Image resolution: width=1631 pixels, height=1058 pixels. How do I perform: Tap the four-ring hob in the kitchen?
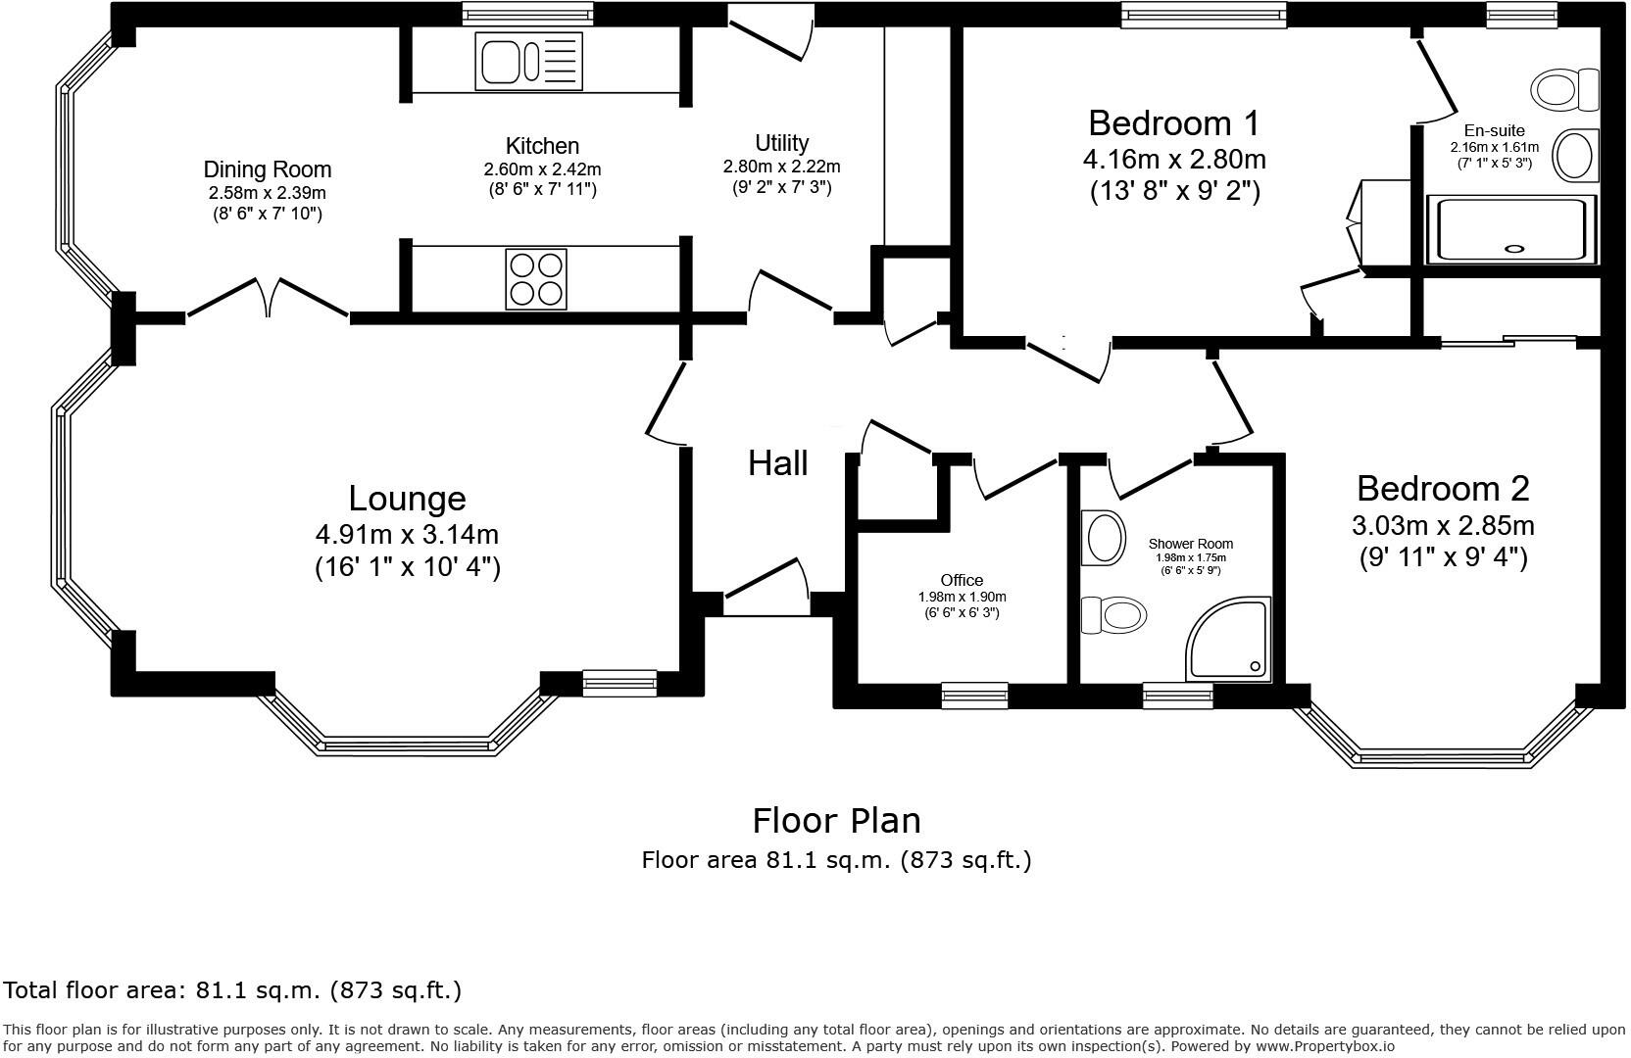[535, 279]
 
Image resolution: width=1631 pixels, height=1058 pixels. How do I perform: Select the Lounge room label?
[407, 499]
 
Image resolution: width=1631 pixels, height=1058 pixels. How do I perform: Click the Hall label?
[777, 462]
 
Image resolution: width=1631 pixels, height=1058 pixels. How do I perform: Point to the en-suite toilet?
[1564, 90]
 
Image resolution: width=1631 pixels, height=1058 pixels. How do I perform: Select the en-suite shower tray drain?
[1514, 249]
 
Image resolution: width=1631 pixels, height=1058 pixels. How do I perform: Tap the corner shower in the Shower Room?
[1230, 641]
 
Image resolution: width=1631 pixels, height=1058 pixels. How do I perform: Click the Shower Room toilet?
[1114, 616]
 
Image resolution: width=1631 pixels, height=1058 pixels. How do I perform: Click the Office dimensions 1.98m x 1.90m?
[962, 597]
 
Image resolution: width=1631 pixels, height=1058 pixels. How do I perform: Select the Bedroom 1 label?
[1173, 123]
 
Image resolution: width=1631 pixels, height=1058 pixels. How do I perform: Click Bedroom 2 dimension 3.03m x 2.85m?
[1443, 526]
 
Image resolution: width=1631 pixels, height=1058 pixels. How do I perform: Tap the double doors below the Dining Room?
[268, 299]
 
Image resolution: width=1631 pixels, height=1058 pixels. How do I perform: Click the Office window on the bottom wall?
[974, 695]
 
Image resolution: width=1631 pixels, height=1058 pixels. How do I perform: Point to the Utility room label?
[781, 143]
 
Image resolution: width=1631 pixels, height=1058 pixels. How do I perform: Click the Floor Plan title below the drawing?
[836, 819]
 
